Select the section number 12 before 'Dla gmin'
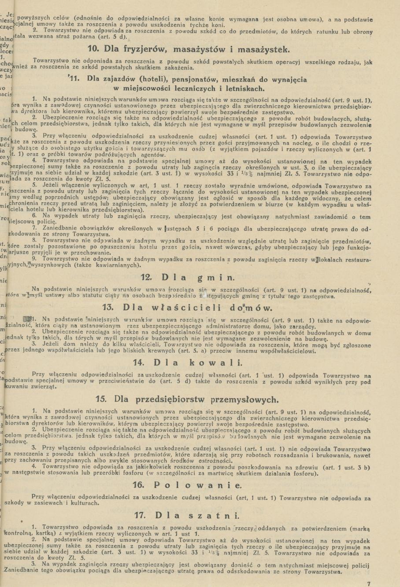click(x=146, y=277)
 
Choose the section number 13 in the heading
click(x=108, y=307)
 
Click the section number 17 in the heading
click(x=140, y=515)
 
